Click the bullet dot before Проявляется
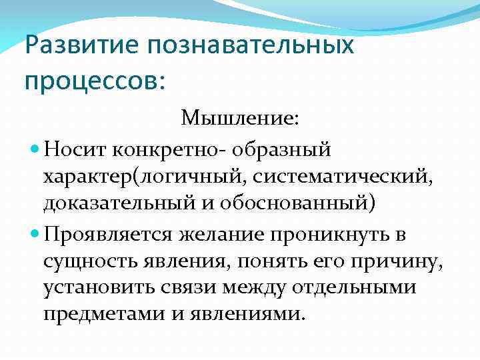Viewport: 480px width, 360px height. tap(35, 234)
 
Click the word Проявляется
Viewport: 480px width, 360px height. tap(109, 234)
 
